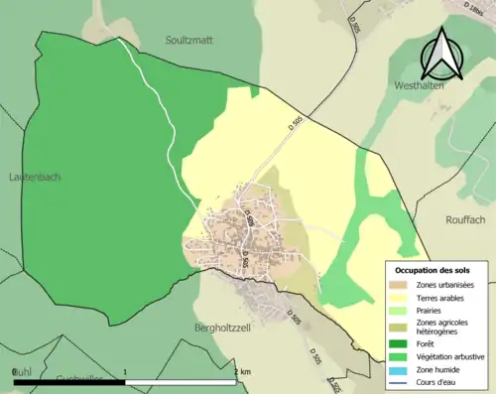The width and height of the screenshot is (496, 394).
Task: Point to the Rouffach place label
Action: point(455,193)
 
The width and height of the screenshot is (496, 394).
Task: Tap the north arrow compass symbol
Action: point(443,55)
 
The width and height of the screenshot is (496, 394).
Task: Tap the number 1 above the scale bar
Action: point(125,371)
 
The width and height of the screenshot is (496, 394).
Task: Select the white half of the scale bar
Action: point(181,381)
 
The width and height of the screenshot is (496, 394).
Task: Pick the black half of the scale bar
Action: point(69,381)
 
